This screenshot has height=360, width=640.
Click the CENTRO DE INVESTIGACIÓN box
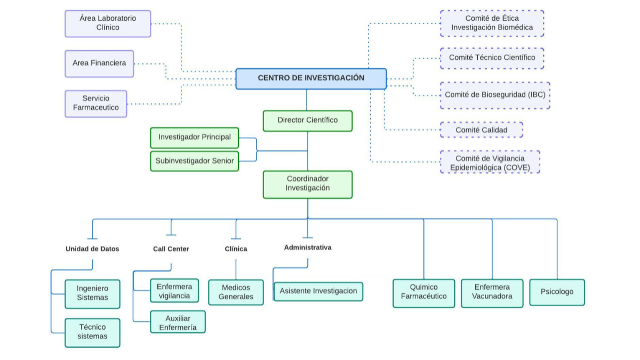coord(311,78)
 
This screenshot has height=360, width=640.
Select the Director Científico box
coord(308,121)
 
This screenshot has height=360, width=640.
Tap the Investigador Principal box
coord(195,138)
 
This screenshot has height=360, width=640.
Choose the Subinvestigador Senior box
coord(195,161)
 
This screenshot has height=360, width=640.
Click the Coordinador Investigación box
coord(308,184)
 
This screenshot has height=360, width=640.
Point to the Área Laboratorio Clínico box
coord(108,23)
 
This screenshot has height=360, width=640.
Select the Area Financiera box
coord(99,63)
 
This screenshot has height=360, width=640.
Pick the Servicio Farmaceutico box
coord(96,103)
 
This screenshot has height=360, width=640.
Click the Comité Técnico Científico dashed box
coord(492,58)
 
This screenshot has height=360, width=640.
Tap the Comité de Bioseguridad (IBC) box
coord(495,95)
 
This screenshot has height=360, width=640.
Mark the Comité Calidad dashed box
coord(481,130)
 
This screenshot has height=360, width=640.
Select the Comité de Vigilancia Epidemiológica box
coord(490,162)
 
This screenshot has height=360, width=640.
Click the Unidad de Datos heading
coord(92,249)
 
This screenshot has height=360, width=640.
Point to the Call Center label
coord(171,249)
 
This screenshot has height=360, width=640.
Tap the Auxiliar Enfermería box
coord(178,322)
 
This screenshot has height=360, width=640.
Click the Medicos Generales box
coord(236,292)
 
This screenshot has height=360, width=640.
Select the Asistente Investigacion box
coord(318,292)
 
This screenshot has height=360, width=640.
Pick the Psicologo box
coord(557,292)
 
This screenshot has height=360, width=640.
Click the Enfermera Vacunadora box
coord(492,293)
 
